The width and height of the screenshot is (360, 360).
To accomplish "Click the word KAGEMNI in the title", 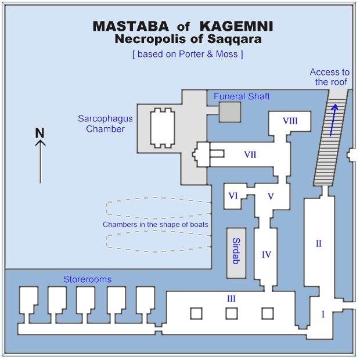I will point(236,27).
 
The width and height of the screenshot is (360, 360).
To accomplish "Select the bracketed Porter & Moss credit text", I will point(188,54).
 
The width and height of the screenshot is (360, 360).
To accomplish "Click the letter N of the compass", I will point(40,133).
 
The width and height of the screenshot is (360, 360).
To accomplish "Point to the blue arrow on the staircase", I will point(333,121).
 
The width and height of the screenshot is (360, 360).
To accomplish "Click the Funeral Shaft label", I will point(242,96).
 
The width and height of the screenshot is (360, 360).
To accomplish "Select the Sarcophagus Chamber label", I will point(106,124).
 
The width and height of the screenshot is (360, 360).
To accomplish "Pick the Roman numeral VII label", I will point(250,154).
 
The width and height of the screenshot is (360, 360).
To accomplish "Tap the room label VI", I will point(233,196).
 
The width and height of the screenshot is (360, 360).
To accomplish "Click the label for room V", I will point(271,196).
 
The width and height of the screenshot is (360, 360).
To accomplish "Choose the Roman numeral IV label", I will point(267,254).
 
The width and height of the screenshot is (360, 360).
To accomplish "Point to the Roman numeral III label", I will point(231,298).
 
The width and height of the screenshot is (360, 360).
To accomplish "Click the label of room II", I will point(318,244).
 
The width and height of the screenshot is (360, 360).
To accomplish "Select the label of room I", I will point(323,314).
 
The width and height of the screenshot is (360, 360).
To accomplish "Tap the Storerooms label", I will point(87,279).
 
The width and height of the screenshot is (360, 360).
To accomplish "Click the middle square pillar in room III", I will point(232,314).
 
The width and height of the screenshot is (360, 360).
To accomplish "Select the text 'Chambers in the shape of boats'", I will point(156,224).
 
